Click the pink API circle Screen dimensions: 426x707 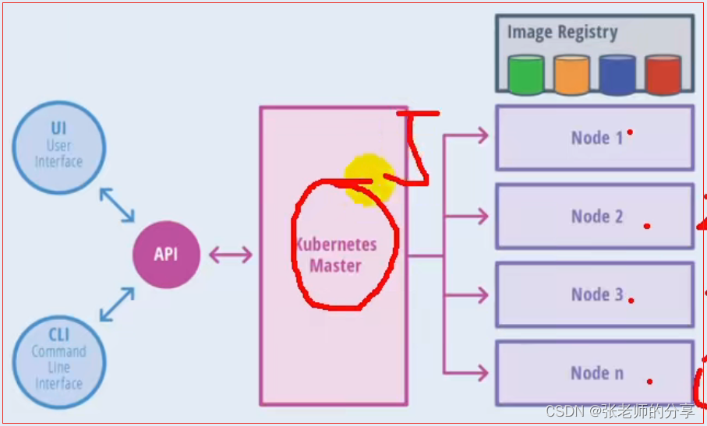[x=165, y=254]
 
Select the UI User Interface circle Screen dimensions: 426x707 [x=58, y=146]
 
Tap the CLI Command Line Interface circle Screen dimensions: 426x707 [x=58, y=359]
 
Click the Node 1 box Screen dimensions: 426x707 [x=594, y=138]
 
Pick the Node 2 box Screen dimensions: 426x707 [x=594, y=217]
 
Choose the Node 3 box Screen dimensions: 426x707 [x=594, y=294]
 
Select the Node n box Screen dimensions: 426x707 [x=594, y=373]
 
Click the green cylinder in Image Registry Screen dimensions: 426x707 [x=525, y=74]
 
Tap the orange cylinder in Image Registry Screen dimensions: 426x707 [x=571, y=74]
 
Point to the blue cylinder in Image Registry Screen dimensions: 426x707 [x=617, y=74]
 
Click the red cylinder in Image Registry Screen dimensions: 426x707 [x=663, y=74]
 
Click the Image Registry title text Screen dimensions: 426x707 [x=562, y=33]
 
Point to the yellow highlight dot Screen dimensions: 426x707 [x=368, y=179]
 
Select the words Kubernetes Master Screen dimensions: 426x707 [x=336, y=255]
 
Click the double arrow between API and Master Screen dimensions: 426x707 [x=230, y=255]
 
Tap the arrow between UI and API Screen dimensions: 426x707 [x=117, y=204]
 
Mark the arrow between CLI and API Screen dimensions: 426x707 [x=117, y=304]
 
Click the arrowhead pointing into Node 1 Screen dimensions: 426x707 [x=482, y=136]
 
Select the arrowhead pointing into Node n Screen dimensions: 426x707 [x=482, y=373]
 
